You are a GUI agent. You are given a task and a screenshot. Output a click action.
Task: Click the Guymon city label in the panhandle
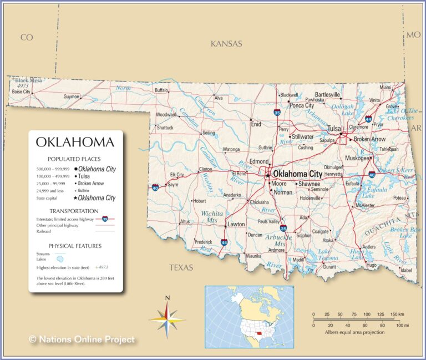(x=71, y=97)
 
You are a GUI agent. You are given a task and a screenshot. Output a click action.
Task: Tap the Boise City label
(x=21, y=92)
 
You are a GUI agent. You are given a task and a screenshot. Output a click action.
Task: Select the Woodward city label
(x=166, y=115)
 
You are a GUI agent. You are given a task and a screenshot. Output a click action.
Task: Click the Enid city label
(x=256, y=124)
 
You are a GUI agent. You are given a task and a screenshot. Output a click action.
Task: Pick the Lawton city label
(x=236, y=225)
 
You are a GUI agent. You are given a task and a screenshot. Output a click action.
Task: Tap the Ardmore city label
(x=276, y=250)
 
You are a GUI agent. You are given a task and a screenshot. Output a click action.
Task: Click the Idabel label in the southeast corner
(x=406, y=270)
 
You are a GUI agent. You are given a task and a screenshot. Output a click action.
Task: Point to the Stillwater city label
(x=302, y=136)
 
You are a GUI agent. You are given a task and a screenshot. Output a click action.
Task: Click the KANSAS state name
(x=226, y=44)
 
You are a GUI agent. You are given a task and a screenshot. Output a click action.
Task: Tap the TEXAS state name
(x=181, y=267)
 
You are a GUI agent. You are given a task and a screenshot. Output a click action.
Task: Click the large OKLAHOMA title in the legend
(x=75, y=142)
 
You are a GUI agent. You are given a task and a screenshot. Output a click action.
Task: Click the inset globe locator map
(x=249, y=316)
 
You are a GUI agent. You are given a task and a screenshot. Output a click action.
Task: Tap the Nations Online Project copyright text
(x=82, y=339)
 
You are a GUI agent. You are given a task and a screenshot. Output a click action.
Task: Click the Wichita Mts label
(x=212, y=216)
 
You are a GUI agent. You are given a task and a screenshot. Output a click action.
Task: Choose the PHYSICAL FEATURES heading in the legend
(x=75, y=246)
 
